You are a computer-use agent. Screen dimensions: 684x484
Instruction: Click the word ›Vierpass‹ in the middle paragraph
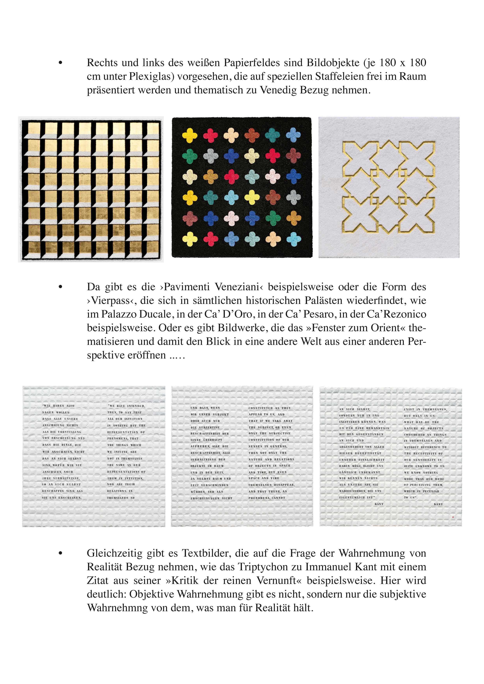[x=111, y=301]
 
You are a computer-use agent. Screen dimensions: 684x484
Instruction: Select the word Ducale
[x=155, y=314]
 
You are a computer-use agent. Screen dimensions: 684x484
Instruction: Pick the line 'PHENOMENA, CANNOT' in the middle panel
[x=267, y=498]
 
